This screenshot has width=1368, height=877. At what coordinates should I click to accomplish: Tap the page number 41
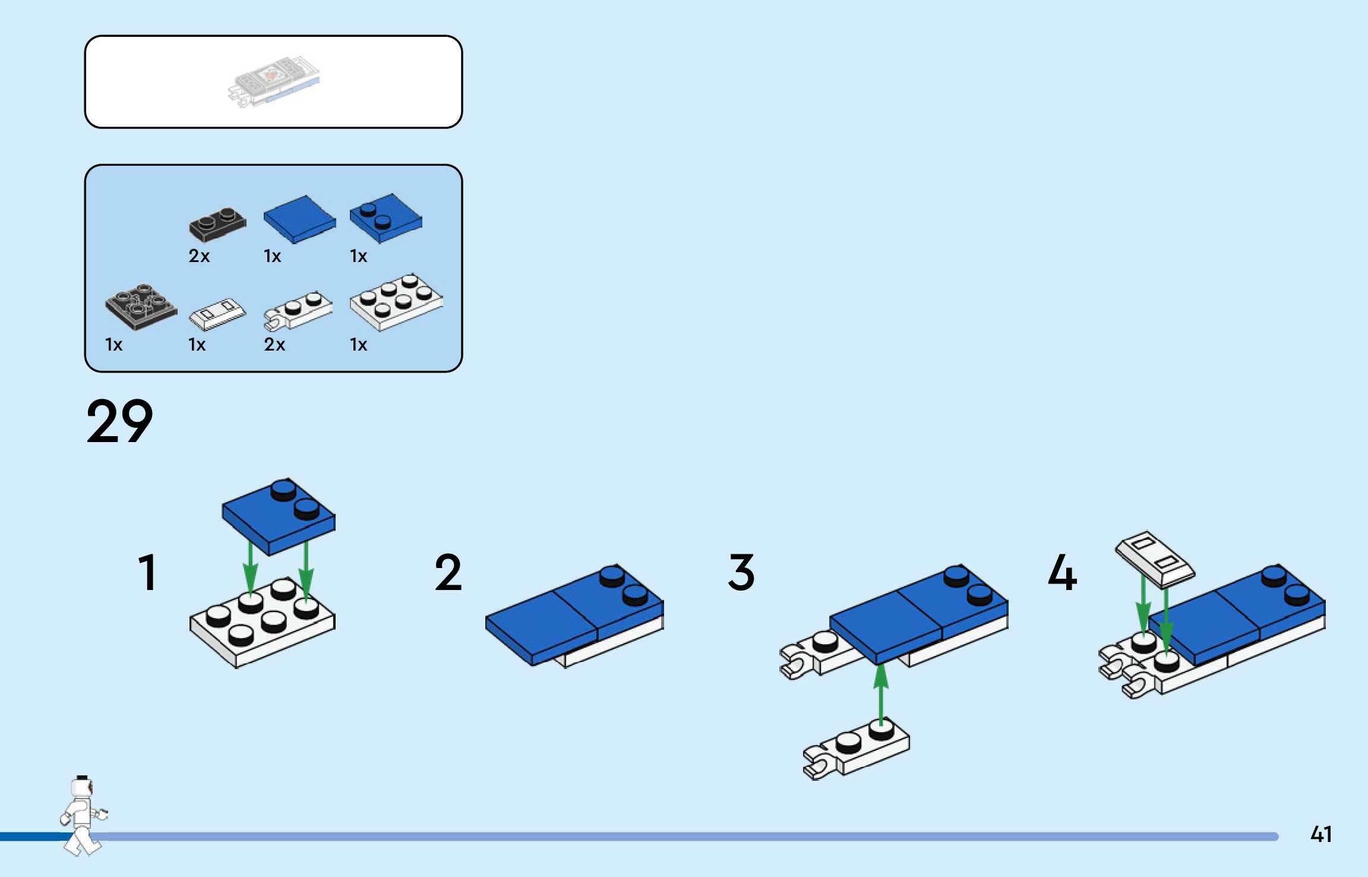1321,834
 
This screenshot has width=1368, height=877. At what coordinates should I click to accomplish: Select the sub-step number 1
147,572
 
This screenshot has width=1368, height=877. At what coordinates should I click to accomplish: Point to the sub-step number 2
448,572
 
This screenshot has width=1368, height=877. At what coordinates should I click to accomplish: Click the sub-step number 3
741,572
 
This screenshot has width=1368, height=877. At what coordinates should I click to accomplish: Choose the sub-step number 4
1062,572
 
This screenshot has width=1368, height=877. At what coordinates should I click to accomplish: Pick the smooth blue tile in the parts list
299,219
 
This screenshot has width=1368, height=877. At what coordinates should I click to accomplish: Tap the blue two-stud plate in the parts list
386,218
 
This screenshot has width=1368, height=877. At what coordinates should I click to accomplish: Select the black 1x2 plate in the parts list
217,224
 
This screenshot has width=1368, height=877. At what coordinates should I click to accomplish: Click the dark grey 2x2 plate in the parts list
141,306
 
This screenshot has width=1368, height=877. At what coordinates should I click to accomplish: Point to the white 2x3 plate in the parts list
396,301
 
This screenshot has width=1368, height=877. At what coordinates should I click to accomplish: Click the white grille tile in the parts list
217,313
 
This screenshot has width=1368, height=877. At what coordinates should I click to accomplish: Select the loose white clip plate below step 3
856,748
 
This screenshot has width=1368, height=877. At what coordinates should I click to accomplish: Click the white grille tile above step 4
1155,559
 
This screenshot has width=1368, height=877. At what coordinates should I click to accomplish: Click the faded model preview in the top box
273,82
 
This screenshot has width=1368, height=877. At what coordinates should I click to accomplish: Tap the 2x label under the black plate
199,256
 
